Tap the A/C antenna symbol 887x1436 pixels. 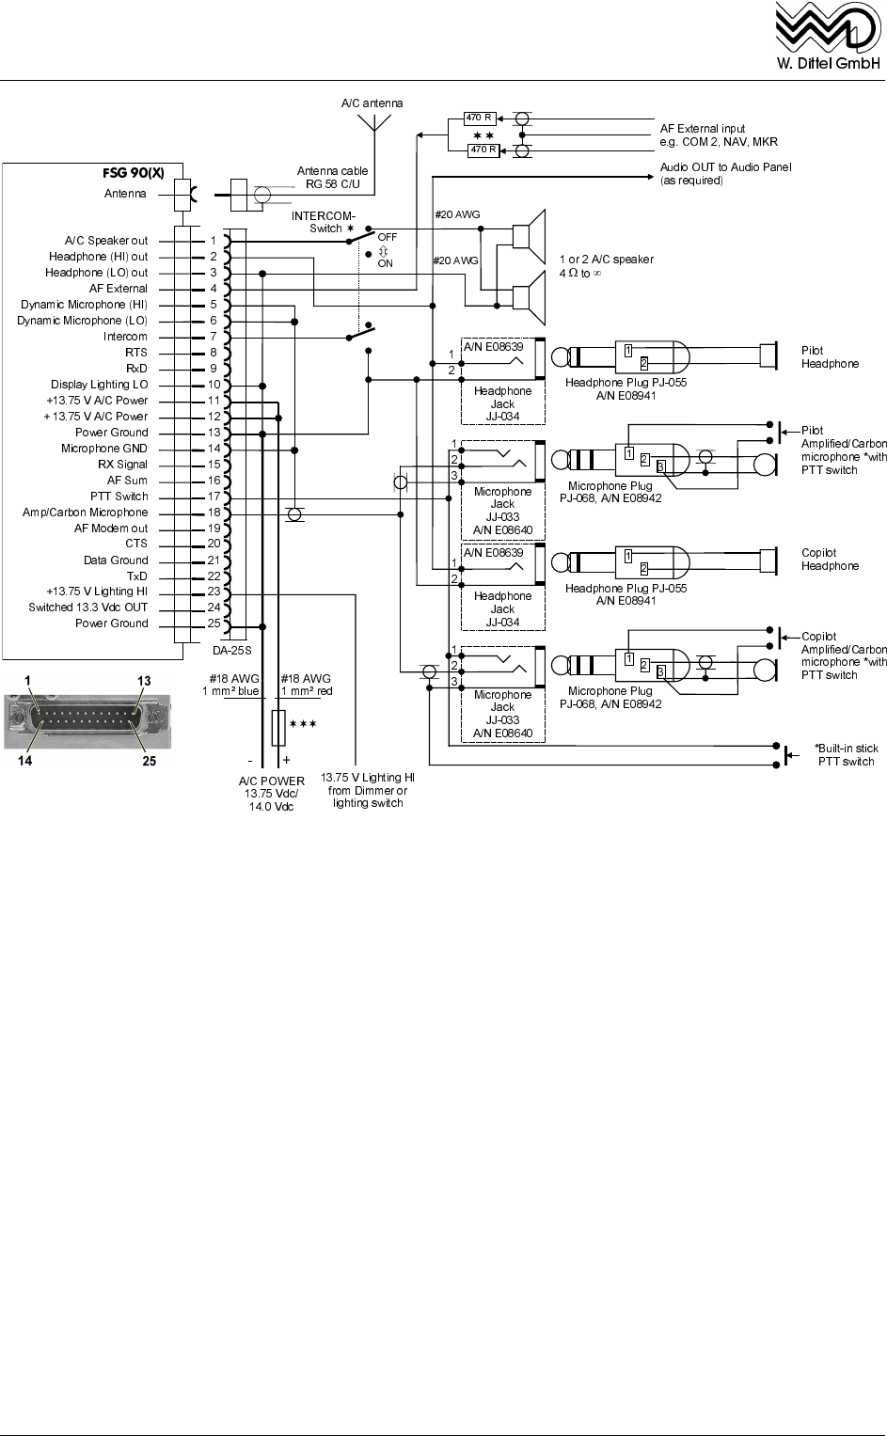374,123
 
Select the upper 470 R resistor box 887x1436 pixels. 480,118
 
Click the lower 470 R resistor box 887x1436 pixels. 483,150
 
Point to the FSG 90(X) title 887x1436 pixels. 134,173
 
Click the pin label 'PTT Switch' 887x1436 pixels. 119,497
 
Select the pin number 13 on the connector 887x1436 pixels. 214,433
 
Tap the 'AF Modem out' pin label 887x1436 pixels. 111,529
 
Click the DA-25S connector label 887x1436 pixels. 232,651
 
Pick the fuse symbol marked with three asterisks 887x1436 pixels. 278,728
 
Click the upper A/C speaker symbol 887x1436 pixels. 530,229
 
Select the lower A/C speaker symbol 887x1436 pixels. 530,297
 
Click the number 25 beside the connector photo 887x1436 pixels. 149,761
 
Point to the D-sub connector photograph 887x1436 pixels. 87,720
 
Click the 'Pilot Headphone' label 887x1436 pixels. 830,357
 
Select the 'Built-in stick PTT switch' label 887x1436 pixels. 846,754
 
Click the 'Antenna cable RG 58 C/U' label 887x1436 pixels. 332,178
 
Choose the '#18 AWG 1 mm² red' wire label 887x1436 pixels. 307,685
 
